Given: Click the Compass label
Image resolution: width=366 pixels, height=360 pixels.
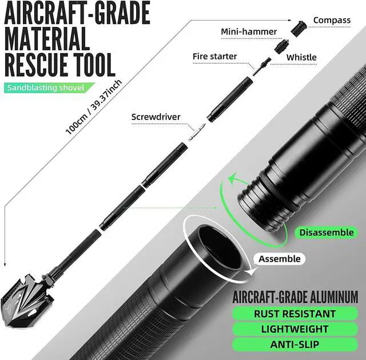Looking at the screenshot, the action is point(332,21).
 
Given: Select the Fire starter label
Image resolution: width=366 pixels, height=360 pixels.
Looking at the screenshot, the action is point(214,57).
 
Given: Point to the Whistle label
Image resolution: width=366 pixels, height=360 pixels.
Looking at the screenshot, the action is point(301,57).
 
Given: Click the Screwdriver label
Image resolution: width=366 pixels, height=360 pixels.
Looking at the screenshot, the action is point(156,117).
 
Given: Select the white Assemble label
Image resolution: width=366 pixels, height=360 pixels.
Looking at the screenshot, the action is point(279,259).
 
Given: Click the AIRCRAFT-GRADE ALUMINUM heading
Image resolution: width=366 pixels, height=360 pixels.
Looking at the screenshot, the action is point(295,297).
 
